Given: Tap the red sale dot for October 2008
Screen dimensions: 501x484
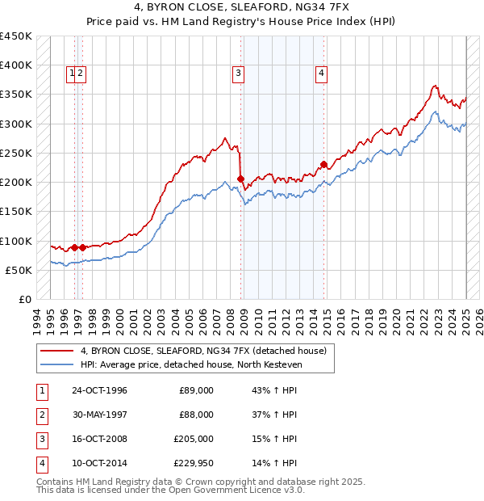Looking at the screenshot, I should pos(240,179).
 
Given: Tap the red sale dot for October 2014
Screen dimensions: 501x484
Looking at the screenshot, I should pos(323,165).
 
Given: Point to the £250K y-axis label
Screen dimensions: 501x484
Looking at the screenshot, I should pos(16,153).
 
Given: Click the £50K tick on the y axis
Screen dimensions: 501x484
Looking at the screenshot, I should pos(19,270).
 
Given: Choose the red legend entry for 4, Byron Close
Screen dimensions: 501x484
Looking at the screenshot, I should pos(202,351).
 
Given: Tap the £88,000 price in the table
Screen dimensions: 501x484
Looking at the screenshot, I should pos(196,415).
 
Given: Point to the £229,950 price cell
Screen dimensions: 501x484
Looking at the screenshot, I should pos(194,463).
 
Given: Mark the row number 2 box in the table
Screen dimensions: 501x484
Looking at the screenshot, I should pos(41,415).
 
